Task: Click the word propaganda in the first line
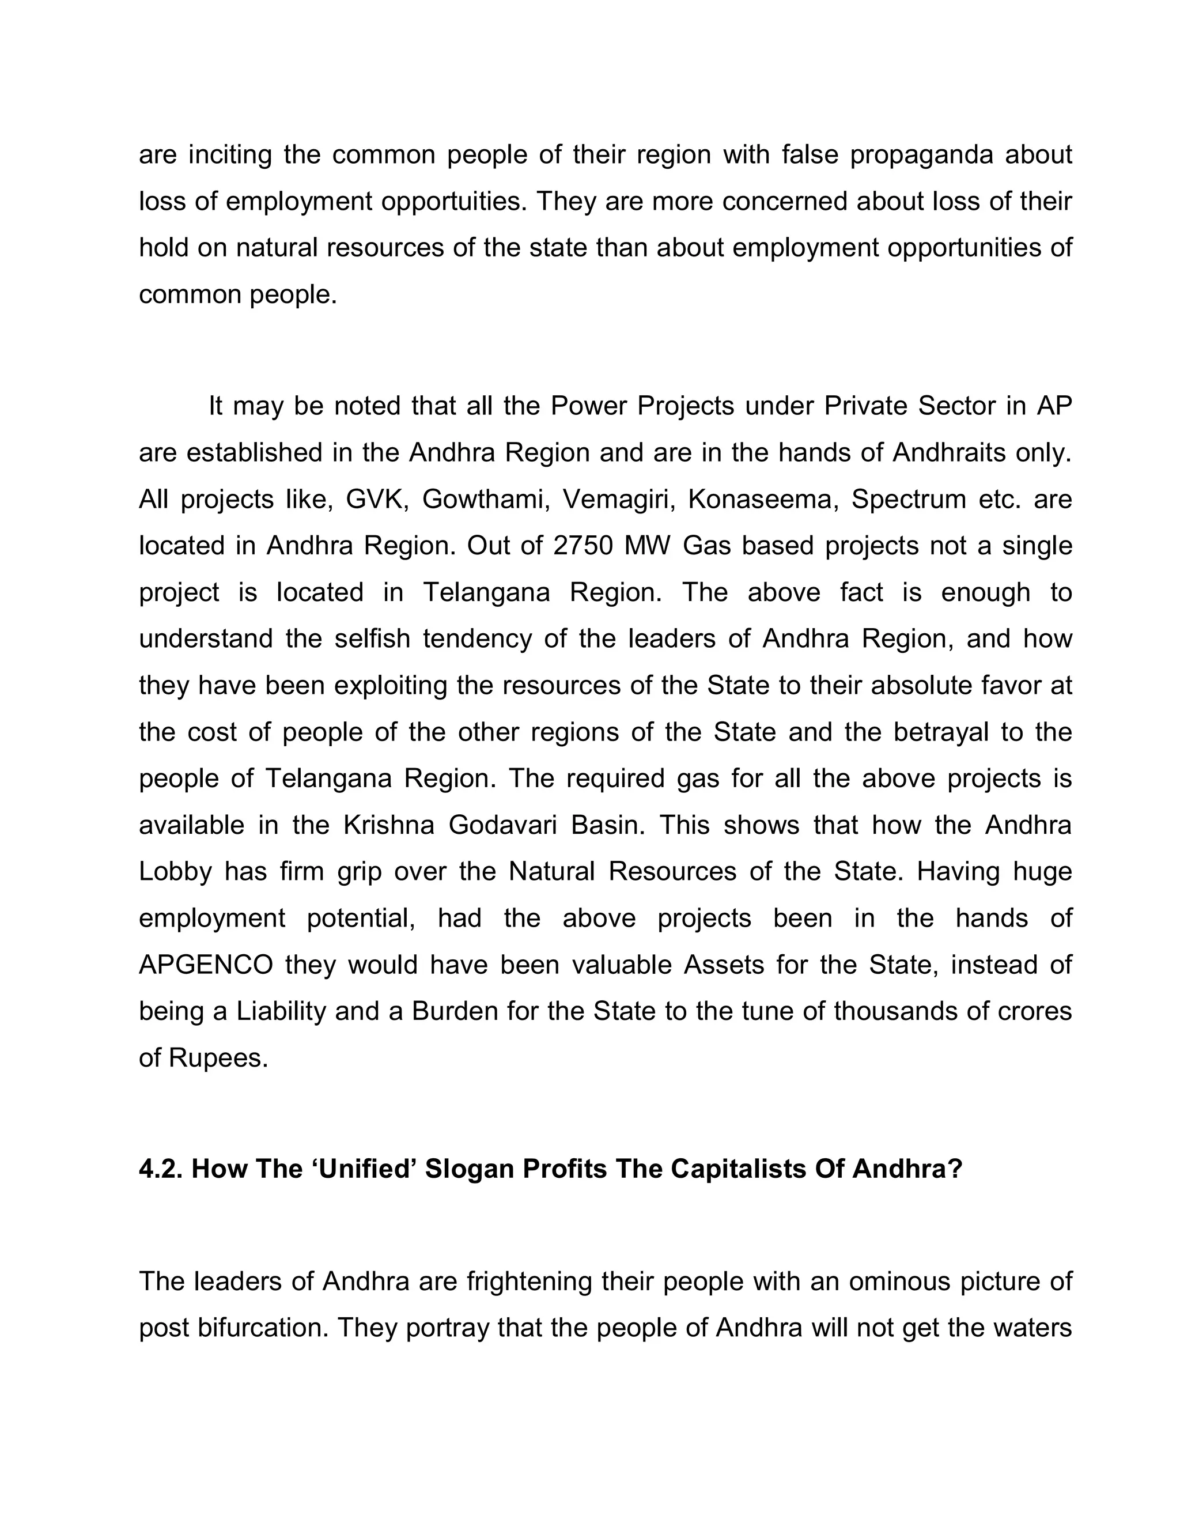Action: (x=921, y=155)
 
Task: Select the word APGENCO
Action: (x=206, y=965)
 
